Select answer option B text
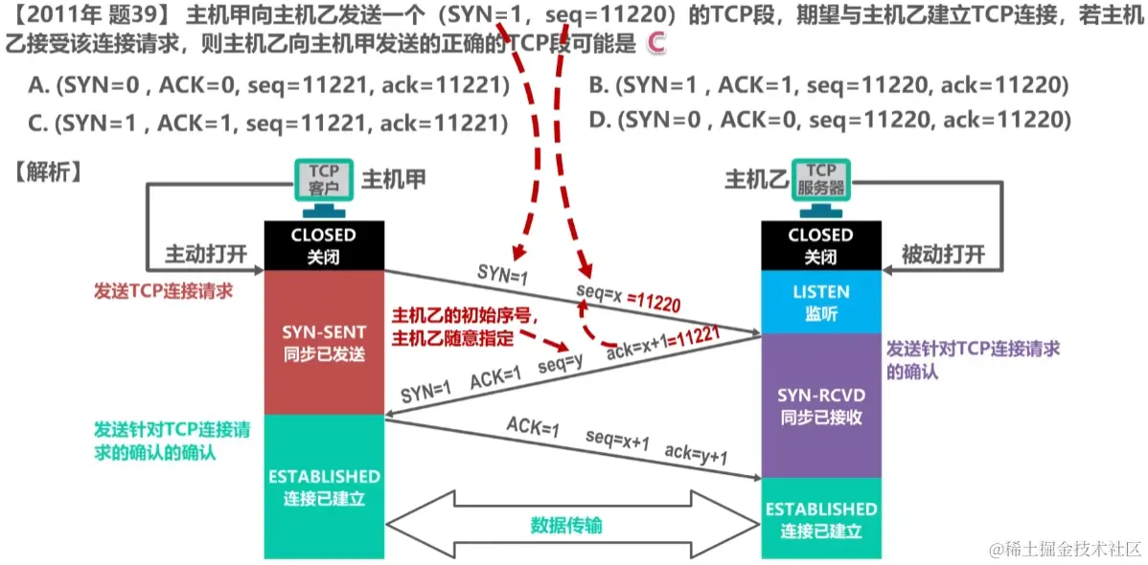tap(828, 86)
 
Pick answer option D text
tap(828, 120)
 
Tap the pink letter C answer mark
tap(655, 42)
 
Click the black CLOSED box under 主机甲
tap(324, 246)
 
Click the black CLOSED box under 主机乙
tap(819, 246)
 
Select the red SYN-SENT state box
tap(324, 342)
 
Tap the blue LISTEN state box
tap(819, 301)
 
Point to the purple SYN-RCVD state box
tap(819, 406)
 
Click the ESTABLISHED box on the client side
tap(324, 486)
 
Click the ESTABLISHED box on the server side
tap(819, 518)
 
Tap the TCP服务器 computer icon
tap(820, 185)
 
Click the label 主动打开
tap(206, 255)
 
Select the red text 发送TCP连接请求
tap(164, 290)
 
